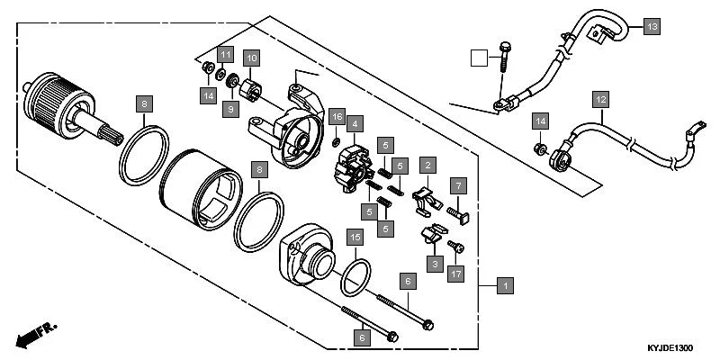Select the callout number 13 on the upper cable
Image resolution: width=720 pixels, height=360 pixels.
pyautogui.click(x=652, y=27)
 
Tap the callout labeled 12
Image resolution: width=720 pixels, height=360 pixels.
pyautogui.click(x=600, y=97)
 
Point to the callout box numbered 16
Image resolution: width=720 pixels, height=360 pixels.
pyautogui.click(x=336, y=118)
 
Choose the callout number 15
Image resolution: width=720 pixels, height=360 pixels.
pyautogui.click(x=356, y=238)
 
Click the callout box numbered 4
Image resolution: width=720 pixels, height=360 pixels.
pyautogui.click(x=356, y=123)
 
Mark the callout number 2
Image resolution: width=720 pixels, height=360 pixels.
pyautogui.click(x=428, y=165)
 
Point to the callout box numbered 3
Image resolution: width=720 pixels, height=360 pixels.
pyautogui.click(x=435, y=263)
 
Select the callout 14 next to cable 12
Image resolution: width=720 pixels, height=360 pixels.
pyautogui.click(x=539, y=120)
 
